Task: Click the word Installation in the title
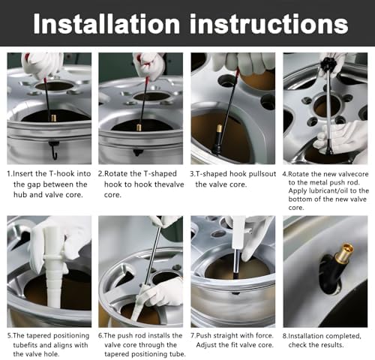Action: pos(106,23)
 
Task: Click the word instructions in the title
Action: pos(269,23)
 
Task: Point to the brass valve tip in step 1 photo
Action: pos(54,118)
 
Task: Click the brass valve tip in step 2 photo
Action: pos(139,127)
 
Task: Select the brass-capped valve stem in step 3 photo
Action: pos(217,140)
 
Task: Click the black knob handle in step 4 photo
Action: pos(328,64)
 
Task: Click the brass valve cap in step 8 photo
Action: pos(344,252)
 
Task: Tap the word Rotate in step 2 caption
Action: pos(116,174)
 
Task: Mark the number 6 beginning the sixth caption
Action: pos(100,335)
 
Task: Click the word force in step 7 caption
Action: pos(265,335)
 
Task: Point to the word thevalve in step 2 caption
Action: pos(169,184)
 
